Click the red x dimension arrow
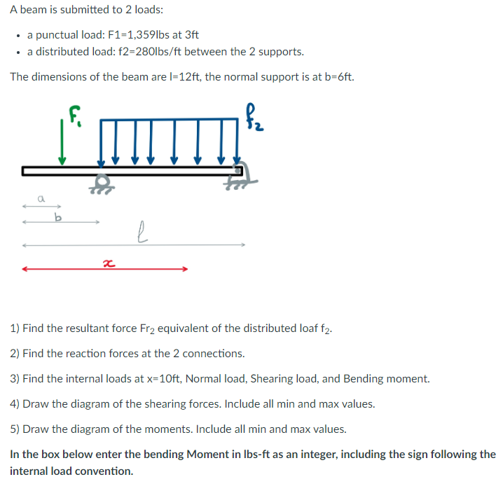point(105,268)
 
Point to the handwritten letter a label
point(41,199)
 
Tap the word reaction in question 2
point(69,353)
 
